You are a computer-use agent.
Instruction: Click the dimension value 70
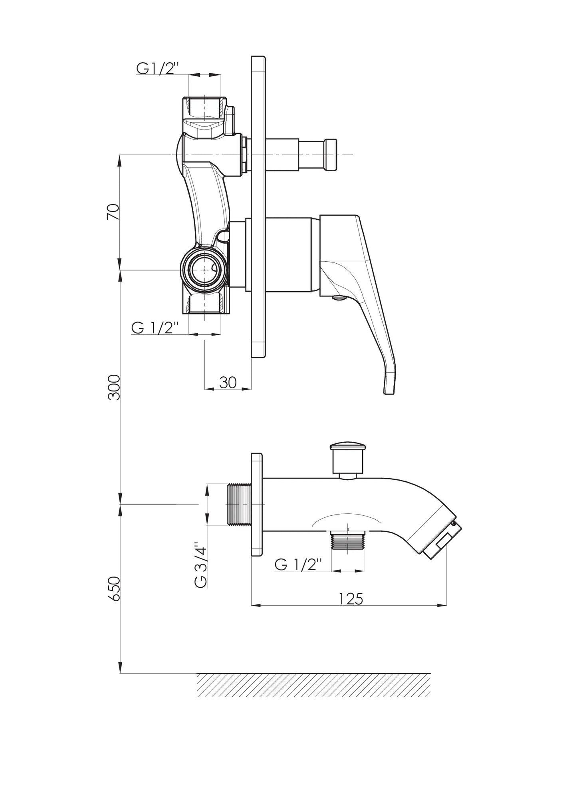coord(113,212)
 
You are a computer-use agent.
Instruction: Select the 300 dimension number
coord(114,387)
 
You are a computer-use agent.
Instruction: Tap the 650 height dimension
coord(114,588)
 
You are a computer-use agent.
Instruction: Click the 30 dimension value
coord(228,382)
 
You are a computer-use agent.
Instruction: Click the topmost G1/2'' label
coord(156,69)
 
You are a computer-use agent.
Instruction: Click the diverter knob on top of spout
coord(347,460)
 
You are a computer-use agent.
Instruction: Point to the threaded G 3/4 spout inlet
coord(239,504)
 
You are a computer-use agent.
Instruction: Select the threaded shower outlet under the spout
coord(348,542)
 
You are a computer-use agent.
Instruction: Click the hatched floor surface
coord(313,685)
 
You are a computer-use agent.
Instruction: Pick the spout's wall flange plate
coord(257,505)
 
